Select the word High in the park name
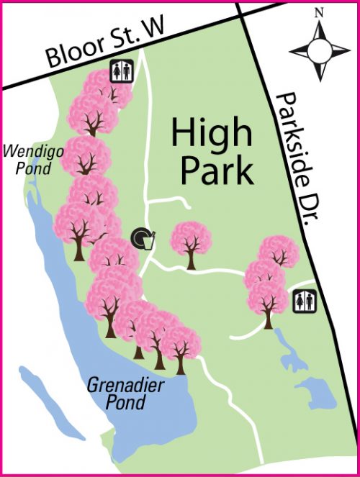click(x=212, y=135)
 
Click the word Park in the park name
click(x=217, y=171)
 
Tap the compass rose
click(x=319, y=50)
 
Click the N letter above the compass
click(x=319, y=13)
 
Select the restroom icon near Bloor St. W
click(x=120, y=71)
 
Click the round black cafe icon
click(x=140, y=236)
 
